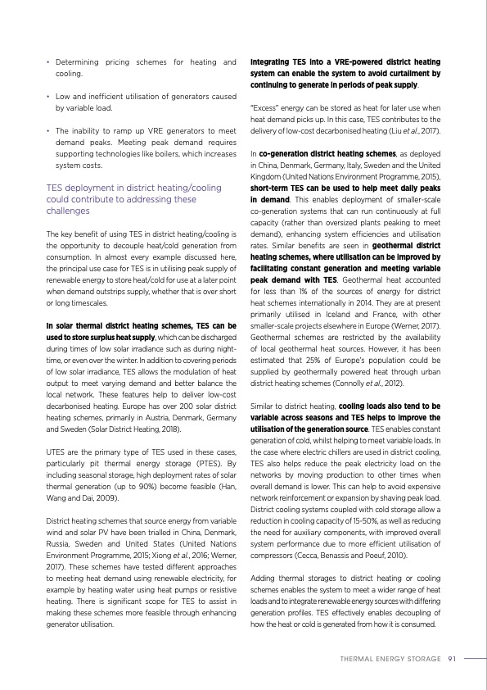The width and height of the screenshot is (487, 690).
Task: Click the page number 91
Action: pyautogui.click(x=452, y=657)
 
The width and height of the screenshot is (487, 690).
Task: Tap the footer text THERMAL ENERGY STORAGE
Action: pyautogui.click(x=390, y=657)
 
